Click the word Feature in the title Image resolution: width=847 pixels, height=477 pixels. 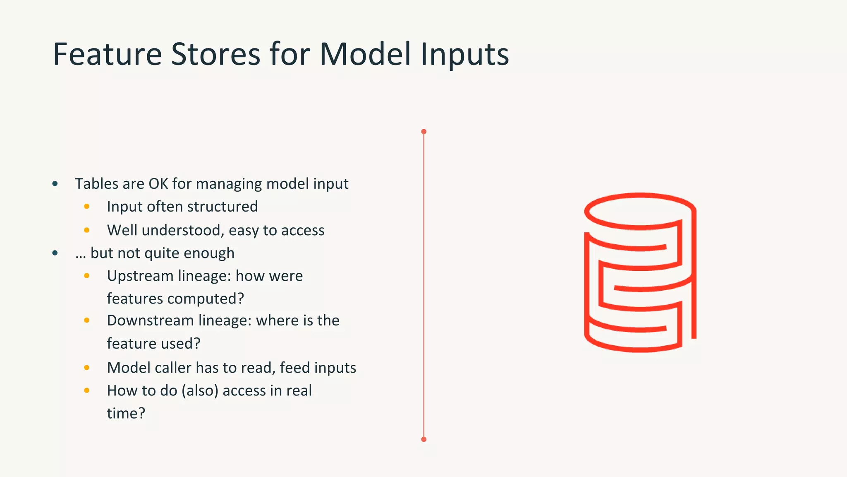pyautogui.click(x=107, y=54)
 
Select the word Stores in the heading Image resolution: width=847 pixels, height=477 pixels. pyautogui.click(x=215, y=54)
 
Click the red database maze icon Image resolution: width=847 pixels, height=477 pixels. pyautogui.click(x=640, y=272)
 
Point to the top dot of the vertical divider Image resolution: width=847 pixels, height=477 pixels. pyautogui.click(x=423, y=132)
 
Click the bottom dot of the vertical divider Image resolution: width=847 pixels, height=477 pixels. pyautogui.click(x=423, y=439)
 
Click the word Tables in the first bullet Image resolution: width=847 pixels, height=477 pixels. pyautogui.click(x=96, y=184)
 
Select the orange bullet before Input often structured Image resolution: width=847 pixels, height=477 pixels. pyautogui.click(x=87, y=207)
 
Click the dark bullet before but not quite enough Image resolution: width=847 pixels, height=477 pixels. pyautogui.click(x=55, y=253)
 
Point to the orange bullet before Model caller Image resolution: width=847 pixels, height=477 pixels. pyautogui.click(x=87, y=368)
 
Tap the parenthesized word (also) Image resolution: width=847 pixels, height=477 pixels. pyautogui.click(x=200, y=391)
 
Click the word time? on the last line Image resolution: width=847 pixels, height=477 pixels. pyautogui.click(x=126, y=413)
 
